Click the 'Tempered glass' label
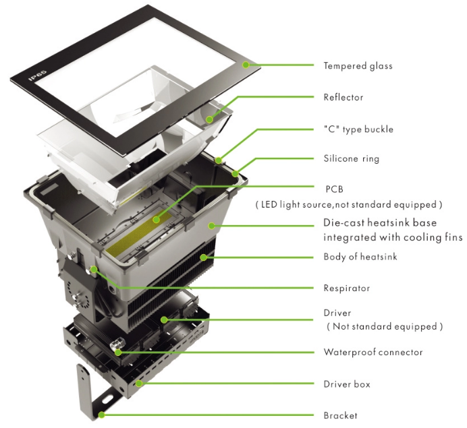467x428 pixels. click(358, 66)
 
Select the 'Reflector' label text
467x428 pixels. click(343, 97)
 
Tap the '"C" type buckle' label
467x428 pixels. click(358, 129)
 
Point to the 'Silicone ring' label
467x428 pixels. click(351, 159)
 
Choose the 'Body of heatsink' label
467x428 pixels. click(362, 257)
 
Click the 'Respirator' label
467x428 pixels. click(346, 288)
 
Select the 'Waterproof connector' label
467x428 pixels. click(373, 352)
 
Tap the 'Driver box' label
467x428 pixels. click(346, 384)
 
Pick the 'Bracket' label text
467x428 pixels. click(340, 415)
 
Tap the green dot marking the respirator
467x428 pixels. click(95, 270)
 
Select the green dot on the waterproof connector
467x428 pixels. click(119, 351)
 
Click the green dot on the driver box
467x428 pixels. click(140, 384)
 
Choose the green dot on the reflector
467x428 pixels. click(210, 119)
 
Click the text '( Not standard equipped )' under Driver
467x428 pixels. click(385, 326)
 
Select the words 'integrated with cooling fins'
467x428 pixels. click(393, 237)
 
